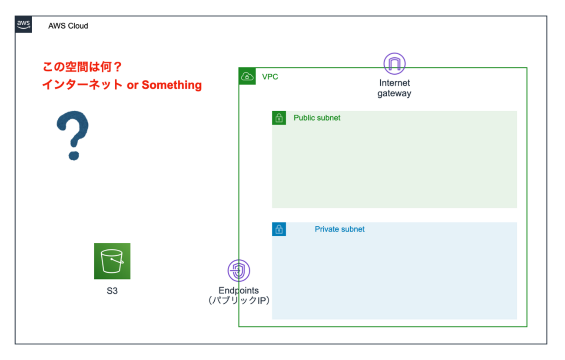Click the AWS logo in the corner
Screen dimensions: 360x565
coord(23,24)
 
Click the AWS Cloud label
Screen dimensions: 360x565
coord(68,26)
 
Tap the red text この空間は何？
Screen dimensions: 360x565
coord(82,67)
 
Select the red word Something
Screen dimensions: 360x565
coord(172,85)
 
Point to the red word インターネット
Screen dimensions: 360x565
coord(82,85)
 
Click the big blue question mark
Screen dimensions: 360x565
coord(73,135)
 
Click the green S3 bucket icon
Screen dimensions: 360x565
coord(112,261)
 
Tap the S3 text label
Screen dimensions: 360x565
coord(112,291)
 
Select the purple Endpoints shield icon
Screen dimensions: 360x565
coord(239,271)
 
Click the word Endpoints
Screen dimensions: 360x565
coord(239,291)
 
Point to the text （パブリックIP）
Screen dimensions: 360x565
coord(239,301)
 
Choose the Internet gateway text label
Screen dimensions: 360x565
coord(394,88)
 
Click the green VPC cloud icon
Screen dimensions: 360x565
coord(247,76)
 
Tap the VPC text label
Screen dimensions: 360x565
coord(270,77)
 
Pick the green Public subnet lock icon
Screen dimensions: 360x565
coord(279,118)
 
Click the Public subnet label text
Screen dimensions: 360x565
coord(317,118)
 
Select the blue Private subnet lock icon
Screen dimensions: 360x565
coord(279,229)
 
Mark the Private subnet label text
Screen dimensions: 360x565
coord(339,229)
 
